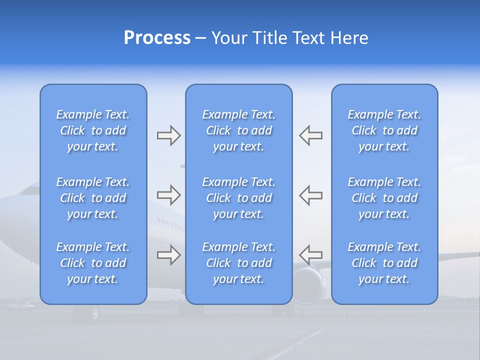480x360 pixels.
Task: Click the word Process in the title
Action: [157, 38]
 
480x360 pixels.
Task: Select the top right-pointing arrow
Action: [168, 135]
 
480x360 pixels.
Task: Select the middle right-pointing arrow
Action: [168, 195]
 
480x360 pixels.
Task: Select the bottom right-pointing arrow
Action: [168, 255]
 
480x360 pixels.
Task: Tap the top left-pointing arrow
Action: [311, 135]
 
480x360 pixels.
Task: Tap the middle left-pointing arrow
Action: [311, 195]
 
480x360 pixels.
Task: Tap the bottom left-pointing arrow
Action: [311, 254]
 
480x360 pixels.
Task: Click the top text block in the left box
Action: [93, 130]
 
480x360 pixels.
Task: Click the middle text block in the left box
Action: [93, 198]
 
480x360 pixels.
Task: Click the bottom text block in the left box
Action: [93, 263]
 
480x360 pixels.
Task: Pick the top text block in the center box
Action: [239, 130]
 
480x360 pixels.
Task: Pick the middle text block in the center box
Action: [239, 198]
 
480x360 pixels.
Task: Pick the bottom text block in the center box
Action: [239, 263]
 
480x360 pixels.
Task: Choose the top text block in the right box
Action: [384, 130]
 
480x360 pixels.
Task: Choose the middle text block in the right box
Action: [384, 198]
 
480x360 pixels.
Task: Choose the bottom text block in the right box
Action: [384, 263]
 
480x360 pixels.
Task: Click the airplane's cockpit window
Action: [30, 189]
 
